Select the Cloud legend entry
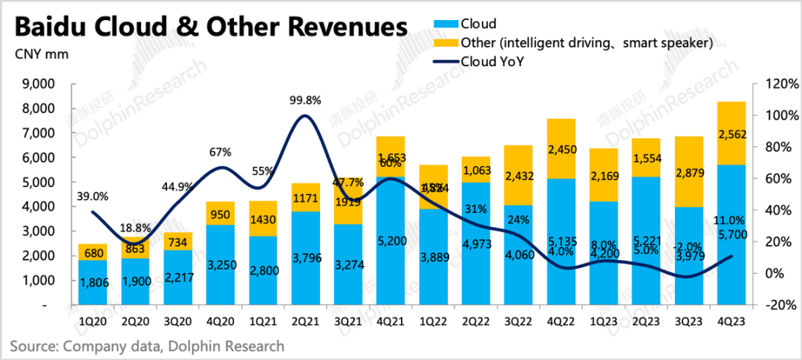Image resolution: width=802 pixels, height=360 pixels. (477, 24)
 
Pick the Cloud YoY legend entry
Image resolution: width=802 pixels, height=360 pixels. (493, 62)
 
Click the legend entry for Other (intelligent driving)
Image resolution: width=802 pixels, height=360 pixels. (587, 43)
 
